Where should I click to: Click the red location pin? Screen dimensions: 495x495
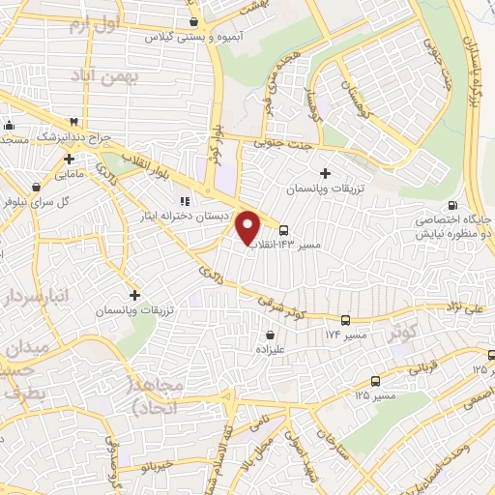pyautogui.click(x=248, y=227)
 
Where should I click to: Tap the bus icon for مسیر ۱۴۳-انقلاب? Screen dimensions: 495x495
pyautogui.click(x=283, y=230)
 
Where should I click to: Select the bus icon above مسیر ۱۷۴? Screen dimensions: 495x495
pyautogui.click(x=345, y=320)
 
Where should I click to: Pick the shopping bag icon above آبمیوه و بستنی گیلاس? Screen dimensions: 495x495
pyautogui.click(x=196, y=22)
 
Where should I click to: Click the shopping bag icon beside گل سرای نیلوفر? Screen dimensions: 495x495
pyautogui.click(x=36, y=187)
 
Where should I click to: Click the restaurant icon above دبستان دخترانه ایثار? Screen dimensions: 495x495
pyautogui.click(x=183, y=201)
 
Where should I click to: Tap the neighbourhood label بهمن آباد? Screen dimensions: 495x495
pyautogui.click(x=136, y=74)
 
